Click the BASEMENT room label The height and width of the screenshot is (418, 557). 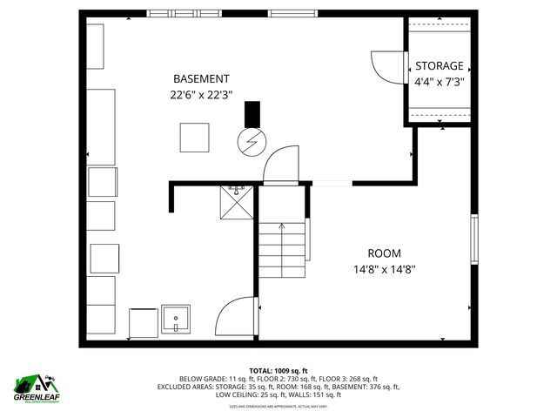[201, 78]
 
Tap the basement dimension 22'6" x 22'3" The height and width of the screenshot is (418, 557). [201, 95]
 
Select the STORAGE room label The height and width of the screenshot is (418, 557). [439, 66]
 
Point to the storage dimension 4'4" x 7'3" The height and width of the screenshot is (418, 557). [439, 82]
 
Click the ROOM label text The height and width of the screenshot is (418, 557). [384, 253]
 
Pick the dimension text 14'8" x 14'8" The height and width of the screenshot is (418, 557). [384, 269]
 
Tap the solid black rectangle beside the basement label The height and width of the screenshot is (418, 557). [252, 114]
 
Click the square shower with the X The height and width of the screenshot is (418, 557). [238, 207]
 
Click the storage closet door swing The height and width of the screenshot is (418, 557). [387, 66]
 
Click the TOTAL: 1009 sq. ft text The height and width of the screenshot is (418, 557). [278, 370]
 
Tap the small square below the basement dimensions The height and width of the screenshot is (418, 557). [195, 138]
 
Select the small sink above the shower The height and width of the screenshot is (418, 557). [237, 188]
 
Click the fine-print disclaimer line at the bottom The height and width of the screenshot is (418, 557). [278, 405]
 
